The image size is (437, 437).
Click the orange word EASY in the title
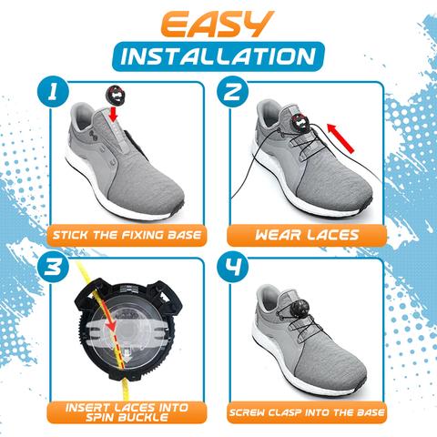218,25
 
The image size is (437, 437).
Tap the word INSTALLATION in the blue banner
218,56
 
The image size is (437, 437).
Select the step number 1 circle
53,91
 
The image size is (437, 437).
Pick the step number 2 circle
233,91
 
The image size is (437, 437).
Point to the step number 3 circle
53,268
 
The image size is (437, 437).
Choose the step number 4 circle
233,268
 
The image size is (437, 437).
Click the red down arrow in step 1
114,114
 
